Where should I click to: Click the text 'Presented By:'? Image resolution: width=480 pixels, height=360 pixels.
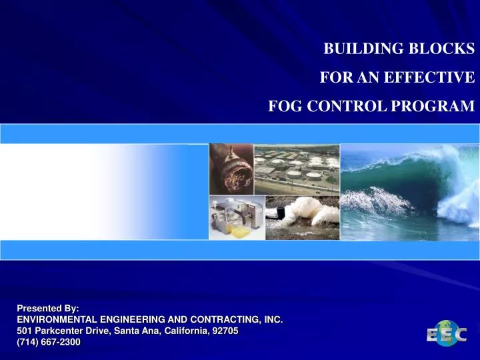coord(47,309)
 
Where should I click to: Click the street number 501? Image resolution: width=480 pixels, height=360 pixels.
coord(24,331)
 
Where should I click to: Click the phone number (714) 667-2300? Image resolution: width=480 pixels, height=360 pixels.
coord(48,342)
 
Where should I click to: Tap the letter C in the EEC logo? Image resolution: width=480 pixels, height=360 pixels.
coord(459,334)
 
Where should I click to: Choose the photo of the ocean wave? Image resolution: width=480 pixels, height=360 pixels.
coord(409,191)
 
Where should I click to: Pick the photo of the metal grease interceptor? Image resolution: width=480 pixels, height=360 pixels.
coord(236,218)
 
